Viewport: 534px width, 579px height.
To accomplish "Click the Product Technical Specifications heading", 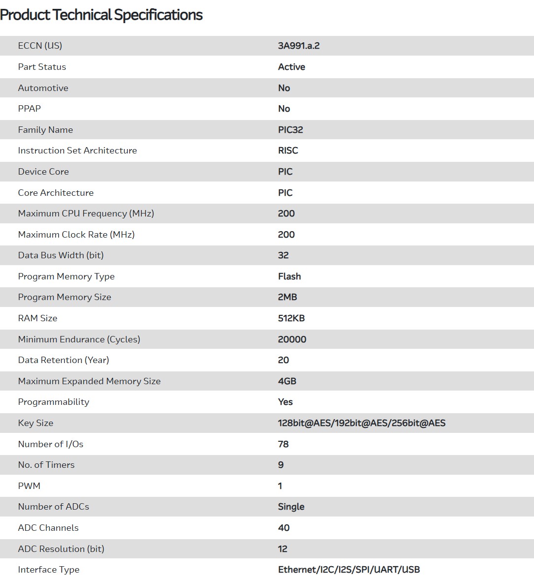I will [x=101, y=15].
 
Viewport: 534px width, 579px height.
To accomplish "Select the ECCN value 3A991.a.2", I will [x=299, y=46].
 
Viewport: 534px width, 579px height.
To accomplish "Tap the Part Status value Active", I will [x=291, y=67].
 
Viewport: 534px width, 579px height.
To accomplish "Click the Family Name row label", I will [x=45, y=130].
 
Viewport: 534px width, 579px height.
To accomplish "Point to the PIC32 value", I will [x=290, y=130].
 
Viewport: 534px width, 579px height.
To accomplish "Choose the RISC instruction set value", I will [x=288, y=151].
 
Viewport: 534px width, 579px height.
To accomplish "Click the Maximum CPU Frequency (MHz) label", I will [x=86, y=213].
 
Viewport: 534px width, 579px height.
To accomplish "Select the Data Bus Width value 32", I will [x=283, y=255].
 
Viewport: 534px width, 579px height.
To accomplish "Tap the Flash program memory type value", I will [x=289, y=276].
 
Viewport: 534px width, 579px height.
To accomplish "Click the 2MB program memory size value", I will [x=287, y=297].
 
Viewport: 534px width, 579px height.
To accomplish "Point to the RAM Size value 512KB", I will [x=291, y=318].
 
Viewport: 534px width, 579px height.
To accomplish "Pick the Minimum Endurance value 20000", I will [x=292, y=339].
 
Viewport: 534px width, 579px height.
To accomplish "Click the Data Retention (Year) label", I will [x=63, y=360].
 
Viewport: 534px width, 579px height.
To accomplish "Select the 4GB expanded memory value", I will [x=287, y=381].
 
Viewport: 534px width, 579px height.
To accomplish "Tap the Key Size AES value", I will [x=362, y=423].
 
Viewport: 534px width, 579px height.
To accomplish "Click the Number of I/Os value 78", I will [x=283, y=444].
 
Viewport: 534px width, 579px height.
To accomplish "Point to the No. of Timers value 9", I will [x=281, y=465].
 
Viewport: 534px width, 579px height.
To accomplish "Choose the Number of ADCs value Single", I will [x=291, y=507].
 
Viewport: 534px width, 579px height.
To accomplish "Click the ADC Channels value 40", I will [x=284, y=528].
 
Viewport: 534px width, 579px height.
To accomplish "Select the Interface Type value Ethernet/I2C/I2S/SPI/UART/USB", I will [x=349, y=570].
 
